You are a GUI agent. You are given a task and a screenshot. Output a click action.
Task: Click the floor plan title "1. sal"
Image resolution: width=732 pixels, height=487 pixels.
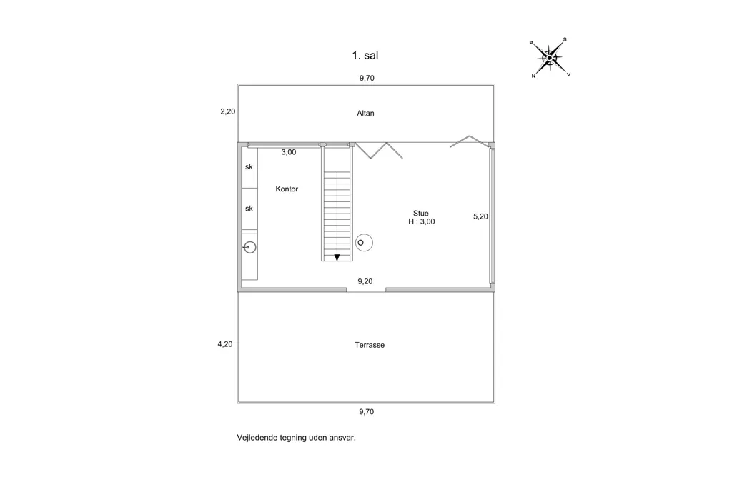click(365, 56)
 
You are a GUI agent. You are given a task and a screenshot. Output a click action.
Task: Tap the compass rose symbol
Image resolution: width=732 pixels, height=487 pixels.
click(550, 58)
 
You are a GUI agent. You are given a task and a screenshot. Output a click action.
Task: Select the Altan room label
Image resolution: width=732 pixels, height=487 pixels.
click(365, 113)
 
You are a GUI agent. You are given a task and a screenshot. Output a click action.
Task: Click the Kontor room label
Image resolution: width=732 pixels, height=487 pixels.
click(287, 189)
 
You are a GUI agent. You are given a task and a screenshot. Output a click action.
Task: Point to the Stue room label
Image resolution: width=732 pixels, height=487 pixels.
click(420, 214)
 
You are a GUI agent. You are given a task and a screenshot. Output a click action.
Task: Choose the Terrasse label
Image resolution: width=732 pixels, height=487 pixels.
click(370, 345)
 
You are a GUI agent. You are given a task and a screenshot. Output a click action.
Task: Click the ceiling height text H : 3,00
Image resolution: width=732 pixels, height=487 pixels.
click(422, 221)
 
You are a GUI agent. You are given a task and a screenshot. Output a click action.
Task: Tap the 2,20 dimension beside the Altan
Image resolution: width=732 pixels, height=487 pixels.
click(228, 111)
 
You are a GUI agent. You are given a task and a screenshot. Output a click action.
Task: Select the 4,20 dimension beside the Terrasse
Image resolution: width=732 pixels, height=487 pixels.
click(225, 344)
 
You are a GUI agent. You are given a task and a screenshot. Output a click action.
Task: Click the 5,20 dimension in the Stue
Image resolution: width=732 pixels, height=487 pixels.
click(480, 216)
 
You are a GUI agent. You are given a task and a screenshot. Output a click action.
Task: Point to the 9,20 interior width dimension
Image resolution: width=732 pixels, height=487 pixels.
click(365, 281)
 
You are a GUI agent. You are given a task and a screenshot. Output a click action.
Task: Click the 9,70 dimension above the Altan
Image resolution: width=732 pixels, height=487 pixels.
click(367, 78)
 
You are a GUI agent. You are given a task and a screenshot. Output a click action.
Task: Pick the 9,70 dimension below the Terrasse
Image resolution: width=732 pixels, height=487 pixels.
click(367, 411)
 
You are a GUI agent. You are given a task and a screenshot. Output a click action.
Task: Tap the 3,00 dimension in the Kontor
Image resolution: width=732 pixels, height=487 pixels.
click(289, 152)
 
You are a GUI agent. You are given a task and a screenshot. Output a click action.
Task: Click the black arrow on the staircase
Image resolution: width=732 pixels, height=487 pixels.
click(337, 258)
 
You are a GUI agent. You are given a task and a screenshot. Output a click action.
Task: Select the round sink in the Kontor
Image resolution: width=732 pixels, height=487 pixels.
click(249, 247)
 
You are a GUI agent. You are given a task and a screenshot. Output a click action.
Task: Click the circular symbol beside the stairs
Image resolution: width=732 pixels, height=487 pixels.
click(364, 243)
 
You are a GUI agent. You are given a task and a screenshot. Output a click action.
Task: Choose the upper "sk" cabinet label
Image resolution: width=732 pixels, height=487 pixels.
click(249, 166)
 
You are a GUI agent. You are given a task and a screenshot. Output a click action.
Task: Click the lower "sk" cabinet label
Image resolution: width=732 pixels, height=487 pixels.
click(249, 209)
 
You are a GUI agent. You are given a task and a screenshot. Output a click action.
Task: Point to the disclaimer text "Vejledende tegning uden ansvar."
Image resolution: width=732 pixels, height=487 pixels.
click(296, 438)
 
